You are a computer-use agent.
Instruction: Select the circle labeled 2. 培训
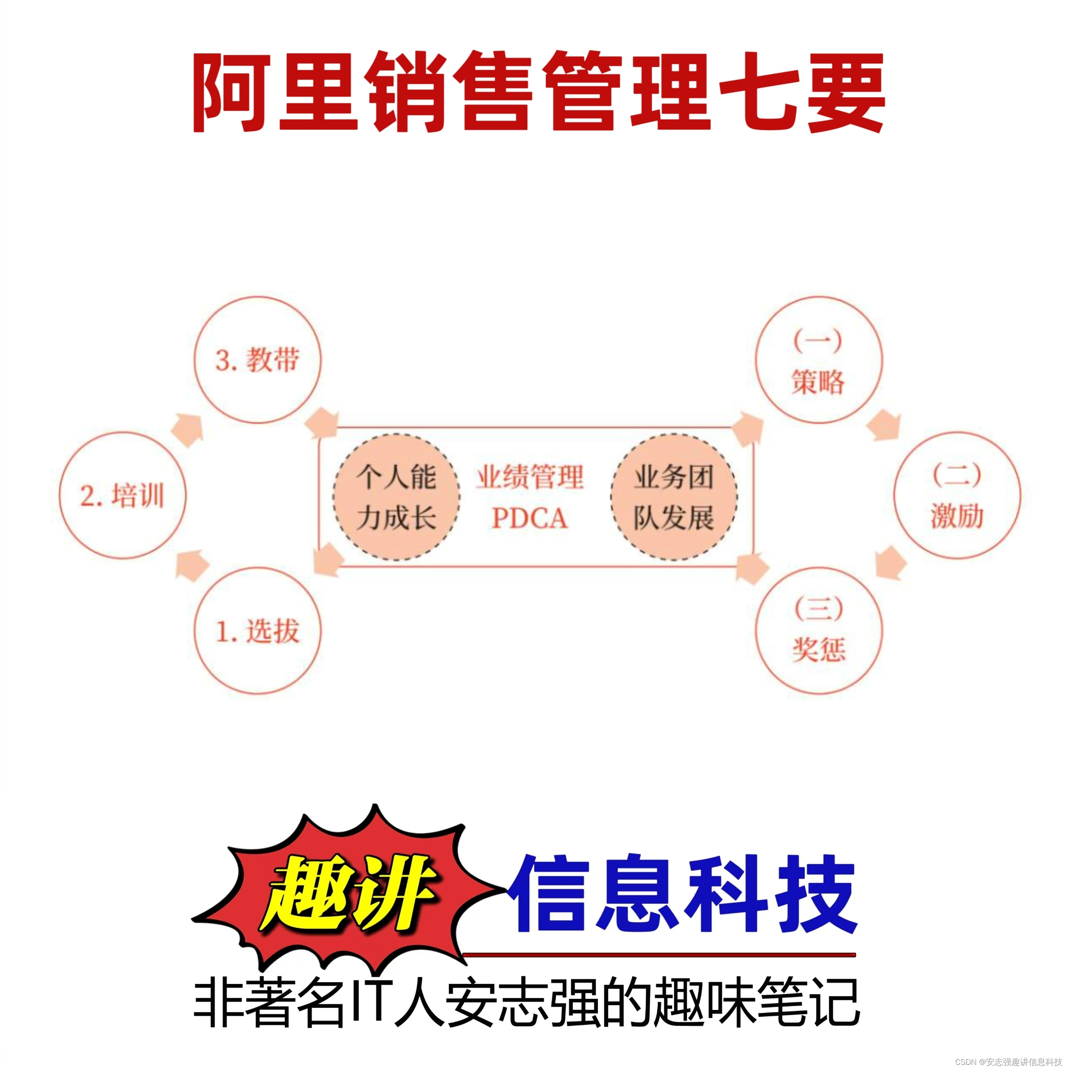[122, 495]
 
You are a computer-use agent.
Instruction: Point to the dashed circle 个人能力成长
[396, 497]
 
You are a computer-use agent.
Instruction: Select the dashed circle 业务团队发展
[673, 497]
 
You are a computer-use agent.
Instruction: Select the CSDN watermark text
[1008, 1062]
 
